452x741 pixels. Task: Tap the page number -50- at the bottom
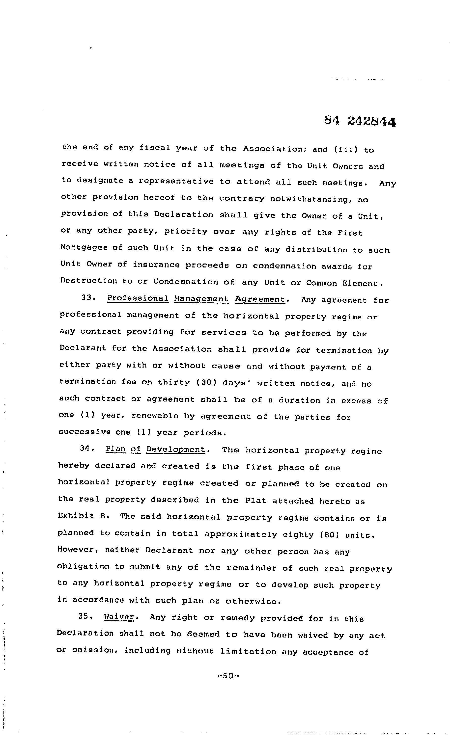[228, 676]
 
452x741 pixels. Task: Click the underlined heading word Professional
[138, 298]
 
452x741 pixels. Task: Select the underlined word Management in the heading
[201, 299]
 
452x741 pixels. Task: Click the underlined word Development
[176, 449]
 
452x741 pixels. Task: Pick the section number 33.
[88, 298]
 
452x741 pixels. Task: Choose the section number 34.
[87, 448]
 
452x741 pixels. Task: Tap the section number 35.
[86, 616]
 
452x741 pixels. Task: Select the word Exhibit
[76, 516]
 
